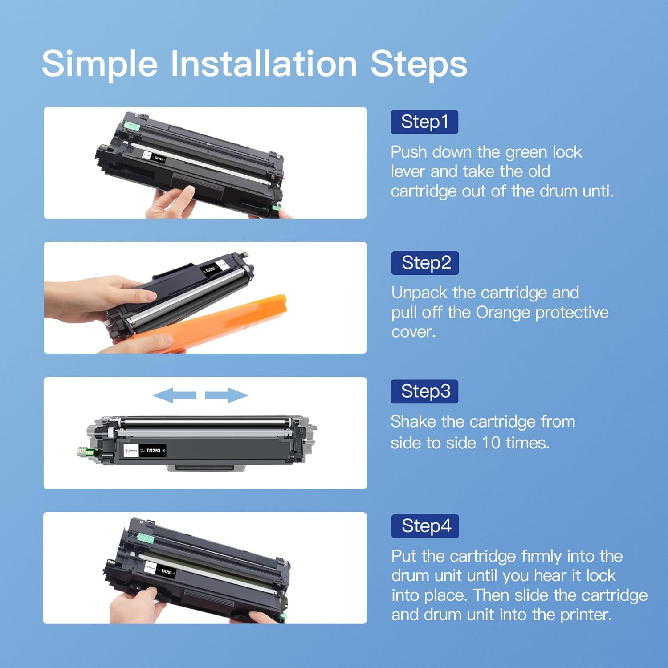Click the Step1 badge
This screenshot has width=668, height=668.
pyautogui.click(x=424, y=122)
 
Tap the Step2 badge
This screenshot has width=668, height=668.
pyautogui.click(x=425, y=263)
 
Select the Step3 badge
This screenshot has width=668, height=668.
pyautogui.click(x=424, y=391)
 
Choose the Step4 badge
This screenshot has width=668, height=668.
pyautogui.click(x=425, y=526)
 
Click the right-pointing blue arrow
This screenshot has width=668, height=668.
pyautogui.click(x=226, y=395)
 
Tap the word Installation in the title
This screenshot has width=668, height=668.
pyautogui.click(x=264, y=64)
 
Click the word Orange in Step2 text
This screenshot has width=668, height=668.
pyautogui.click(x=503, y=312)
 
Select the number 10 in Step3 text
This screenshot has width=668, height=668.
pyautogui.click(x=491, y=443)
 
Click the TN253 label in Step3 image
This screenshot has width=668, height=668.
pyautogui.click(x=153, y=451)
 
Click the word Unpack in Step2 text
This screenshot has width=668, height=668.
pyautogui.click(x=419, y=293)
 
